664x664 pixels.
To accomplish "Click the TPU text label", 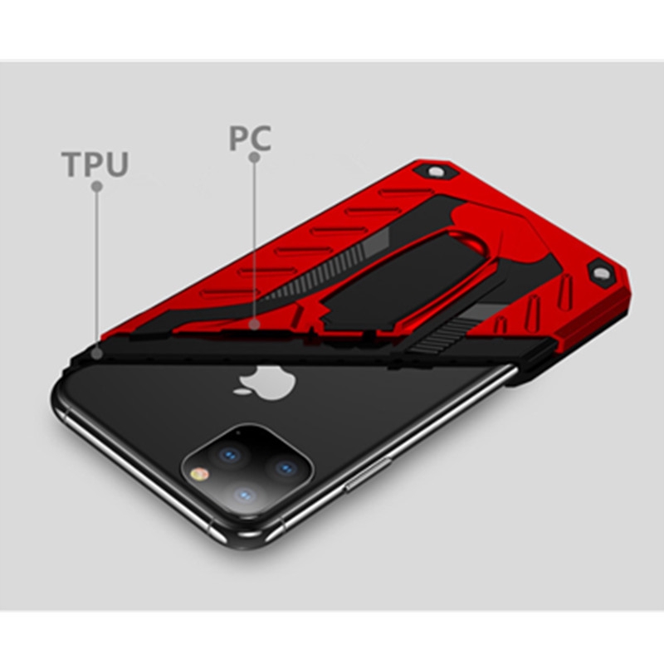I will [95, 164].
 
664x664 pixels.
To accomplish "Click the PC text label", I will [250, 138].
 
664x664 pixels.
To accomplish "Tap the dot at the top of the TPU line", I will [96, 187].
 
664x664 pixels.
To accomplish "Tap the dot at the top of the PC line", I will [255, 157].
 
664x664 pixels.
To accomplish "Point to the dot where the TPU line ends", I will [97, 353].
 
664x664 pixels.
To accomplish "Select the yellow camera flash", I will [200, 475].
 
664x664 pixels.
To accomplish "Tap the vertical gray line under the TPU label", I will [97, 266].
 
